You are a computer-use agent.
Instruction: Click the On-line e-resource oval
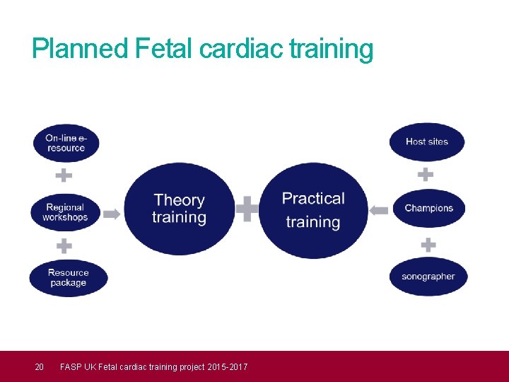(66, 143)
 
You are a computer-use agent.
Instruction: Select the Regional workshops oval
(66, 212)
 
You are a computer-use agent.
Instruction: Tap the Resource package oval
(68, 277)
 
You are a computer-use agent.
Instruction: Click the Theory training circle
(179, 209)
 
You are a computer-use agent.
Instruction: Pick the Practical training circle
(313, 210)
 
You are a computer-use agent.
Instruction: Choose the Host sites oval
(427, 141)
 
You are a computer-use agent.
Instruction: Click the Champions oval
(428, 208)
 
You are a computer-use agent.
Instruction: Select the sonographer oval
(428, 277)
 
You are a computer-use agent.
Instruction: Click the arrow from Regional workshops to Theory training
(112, 214)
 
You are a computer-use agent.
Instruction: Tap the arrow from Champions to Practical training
(379, 210)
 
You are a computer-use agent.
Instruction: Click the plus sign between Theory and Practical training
(247, 209)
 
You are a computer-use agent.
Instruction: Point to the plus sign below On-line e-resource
(64, 175)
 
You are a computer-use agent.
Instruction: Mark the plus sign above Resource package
(64, 246)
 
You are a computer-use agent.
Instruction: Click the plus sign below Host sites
(425, 173)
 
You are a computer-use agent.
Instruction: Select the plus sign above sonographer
(428, 245)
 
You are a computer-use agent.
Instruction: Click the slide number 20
(40, 366)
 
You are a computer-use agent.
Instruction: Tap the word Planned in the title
(79, 49)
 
